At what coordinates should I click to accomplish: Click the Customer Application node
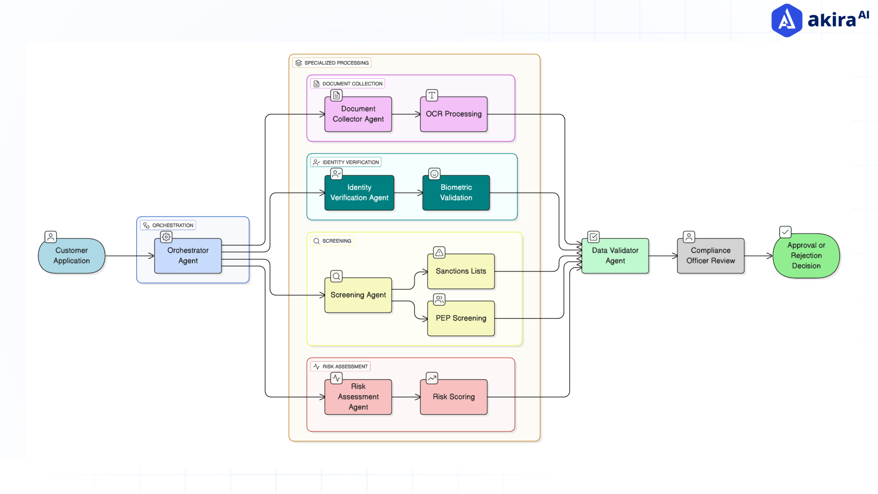click(x=72, y=256)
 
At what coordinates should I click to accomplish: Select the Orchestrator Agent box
click(x=188, y=256)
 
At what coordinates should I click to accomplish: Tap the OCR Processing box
click(x=454, y=114)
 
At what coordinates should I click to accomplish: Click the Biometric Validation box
click(x=456, y=193)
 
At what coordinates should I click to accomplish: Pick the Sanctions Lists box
click(x=461, y=271)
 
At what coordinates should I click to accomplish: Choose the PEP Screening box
click(x=461, y=318)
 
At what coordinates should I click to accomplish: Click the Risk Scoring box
click(x=454, y=397)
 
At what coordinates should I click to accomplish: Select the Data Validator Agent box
click(x=615, y=256)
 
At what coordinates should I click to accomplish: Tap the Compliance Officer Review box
click(x=711, y=256)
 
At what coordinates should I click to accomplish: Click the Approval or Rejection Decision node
click(x=806, y=256)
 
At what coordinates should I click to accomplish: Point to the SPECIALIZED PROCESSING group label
click(x=332, y=63)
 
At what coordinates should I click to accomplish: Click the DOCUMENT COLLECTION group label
click(x=348, y=84)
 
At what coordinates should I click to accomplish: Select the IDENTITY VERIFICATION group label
click(x=346, y=162)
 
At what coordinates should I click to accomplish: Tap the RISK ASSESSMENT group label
click(x=341, y=366)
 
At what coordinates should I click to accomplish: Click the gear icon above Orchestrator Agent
click(x=166, y=237)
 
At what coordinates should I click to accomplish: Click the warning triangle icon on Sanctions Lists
click(x=439, y=252)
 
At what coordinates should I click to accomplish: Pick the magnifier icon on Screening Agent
click(x=337, y=276)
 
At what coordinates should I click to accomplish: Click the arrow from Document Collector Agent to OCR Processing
click(x=406, y=114)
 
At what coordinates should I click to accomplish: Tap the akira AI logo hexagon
click(x=787, y=20)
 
